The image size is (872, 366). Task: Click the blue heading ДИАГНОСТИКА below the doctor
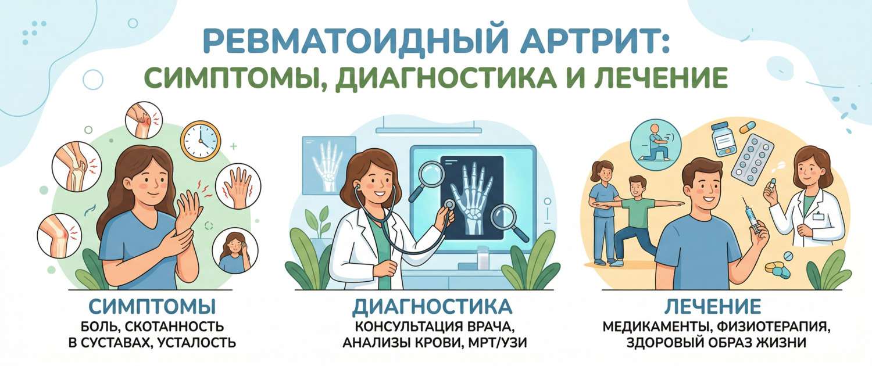[x=433, y=307]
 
